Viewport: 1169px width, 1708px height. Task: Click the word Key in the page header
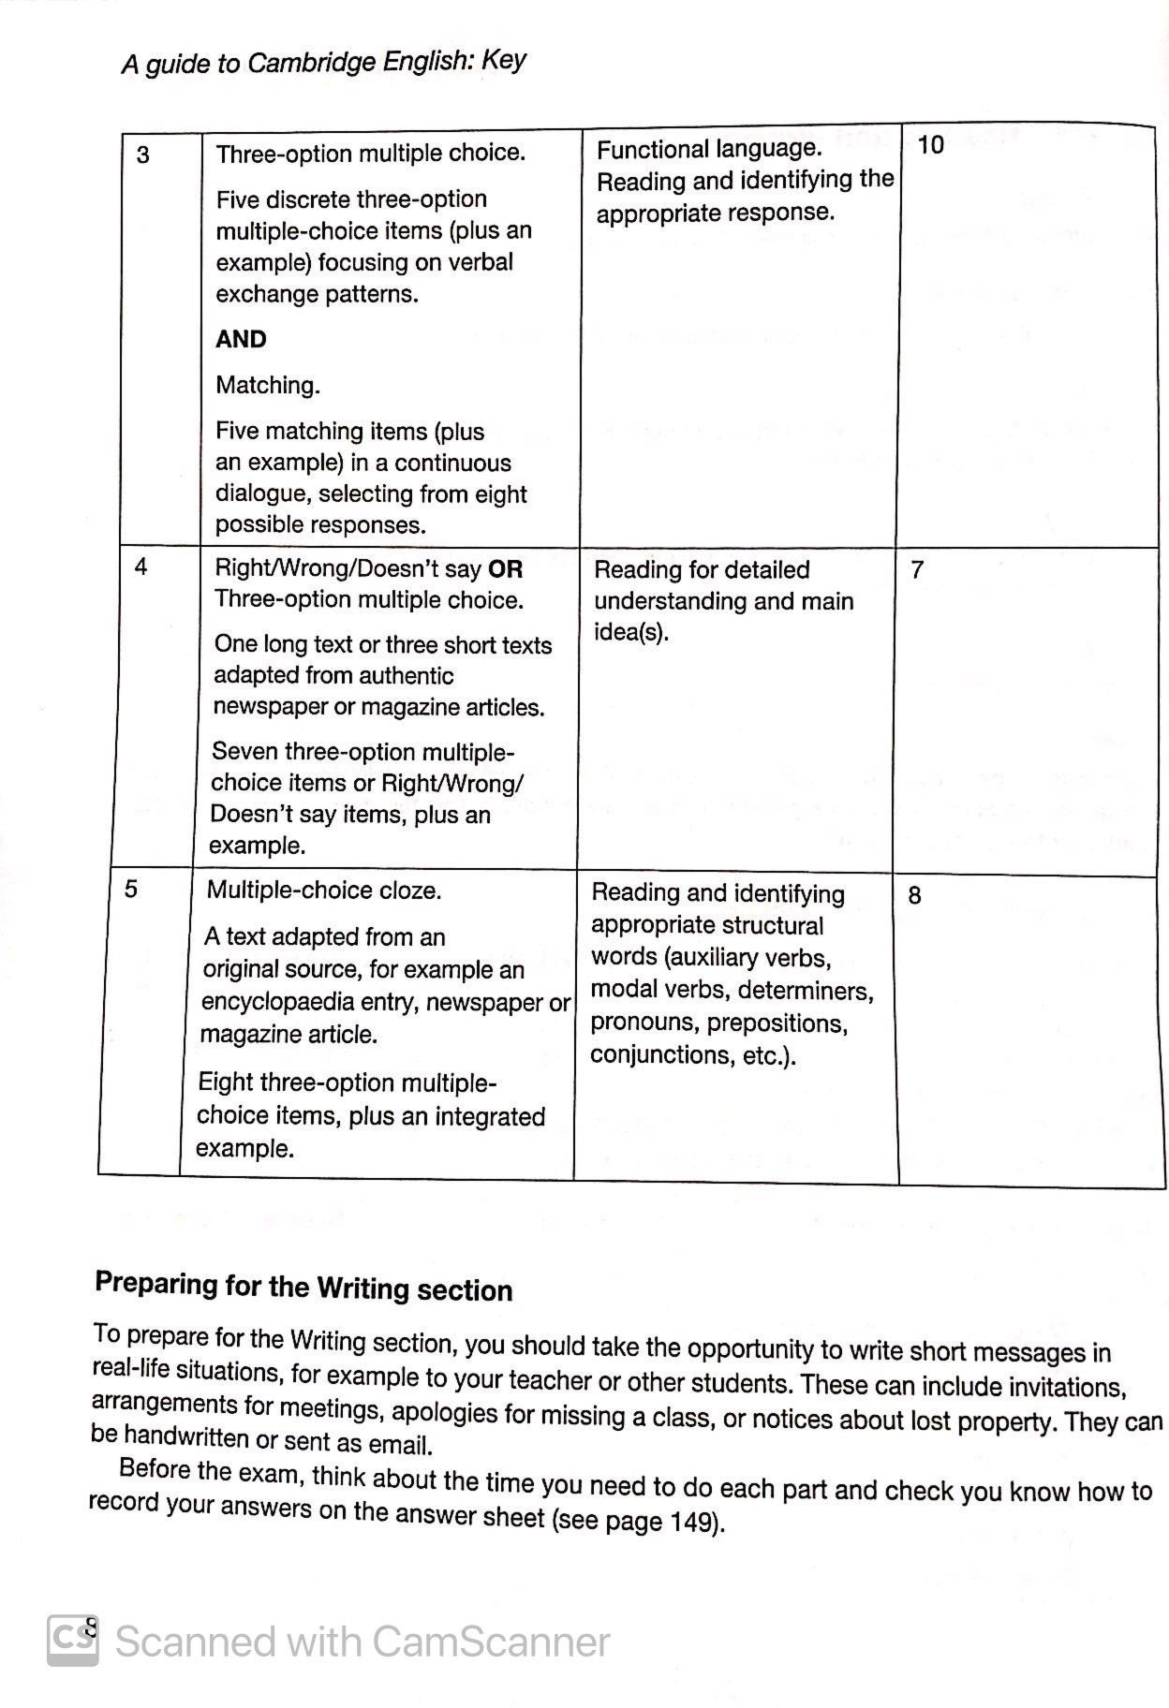(504, 60)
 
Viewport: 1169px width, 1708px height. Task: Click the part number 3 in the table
(142, 155)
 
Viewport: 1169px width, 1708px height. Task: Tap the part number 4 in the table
(141, 567)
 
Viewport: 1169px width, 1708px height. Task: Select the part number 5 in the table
(130, 889)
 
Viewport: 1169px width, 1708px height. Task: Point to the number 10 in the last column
(930, 145)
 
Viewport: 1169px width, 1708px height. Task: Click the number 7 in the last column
(917, 569)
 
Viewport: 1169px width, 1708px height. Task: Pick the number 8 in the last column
(914, 896)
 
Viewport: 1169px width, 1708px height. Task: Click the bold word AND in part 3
(241, 339)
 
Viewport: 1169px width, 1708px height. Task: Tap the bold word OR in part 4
(505, 569)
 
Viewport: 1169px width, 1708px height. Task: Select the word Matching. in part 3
(268, 385)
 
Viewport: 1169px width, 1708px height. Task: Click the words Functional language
(709, 149)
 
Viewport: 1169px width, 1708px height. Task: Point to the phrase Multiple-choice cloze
(323, 890)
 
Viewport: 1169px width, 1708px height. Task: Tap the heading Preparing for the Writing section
(303, 1287)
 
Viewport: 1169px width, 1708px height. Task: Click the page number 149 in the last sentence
(692, 1521)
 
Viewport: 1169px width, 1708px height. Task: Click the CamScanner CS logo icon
(72, 1640)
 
